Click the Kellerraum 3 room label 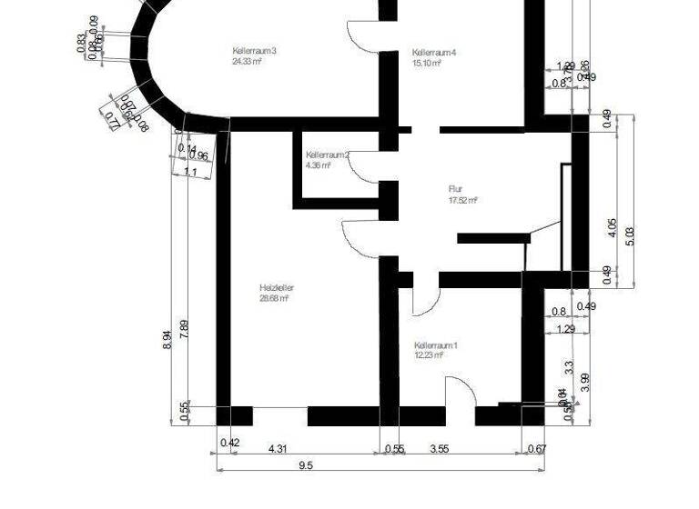coord(254,50)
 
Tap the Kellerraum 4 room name coord(433,53)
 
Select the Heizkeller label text coord(276,288)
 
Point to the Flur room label coord(456,189)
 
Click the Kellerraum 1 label coord(435,345)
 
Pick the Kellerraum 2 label coord(327,155)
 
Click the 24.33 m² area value coord(248,62)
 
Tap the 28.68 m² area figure coord(274,298)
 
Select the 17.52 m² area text coord(463,200)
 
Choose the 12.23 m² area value coord(429,355)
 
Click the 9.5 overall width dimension coord(305,464)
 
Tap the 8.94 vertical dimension coord(166,341)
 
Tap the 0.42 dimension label coord(231,443)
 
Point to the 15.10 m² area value coord(427,64)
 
